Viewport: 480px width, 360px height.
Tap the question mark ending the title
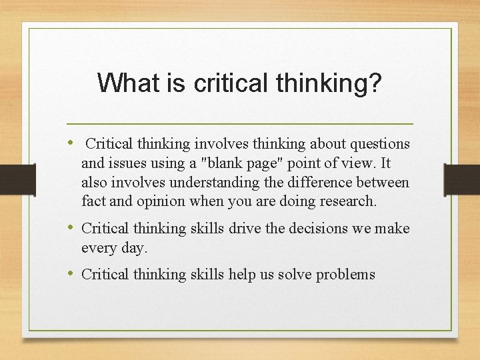(x=376, y=83)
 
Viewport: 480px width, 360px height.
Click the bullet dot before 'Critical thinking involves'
(x=71, y=143)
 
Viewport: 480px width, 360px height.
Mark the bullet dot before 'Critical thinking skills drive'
(x=71, y=228)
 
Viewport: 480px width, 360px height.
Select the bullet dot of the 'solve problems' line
(x=71, y=274)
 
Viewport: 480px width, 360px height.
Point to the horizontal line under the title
(x=240, y=124)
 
